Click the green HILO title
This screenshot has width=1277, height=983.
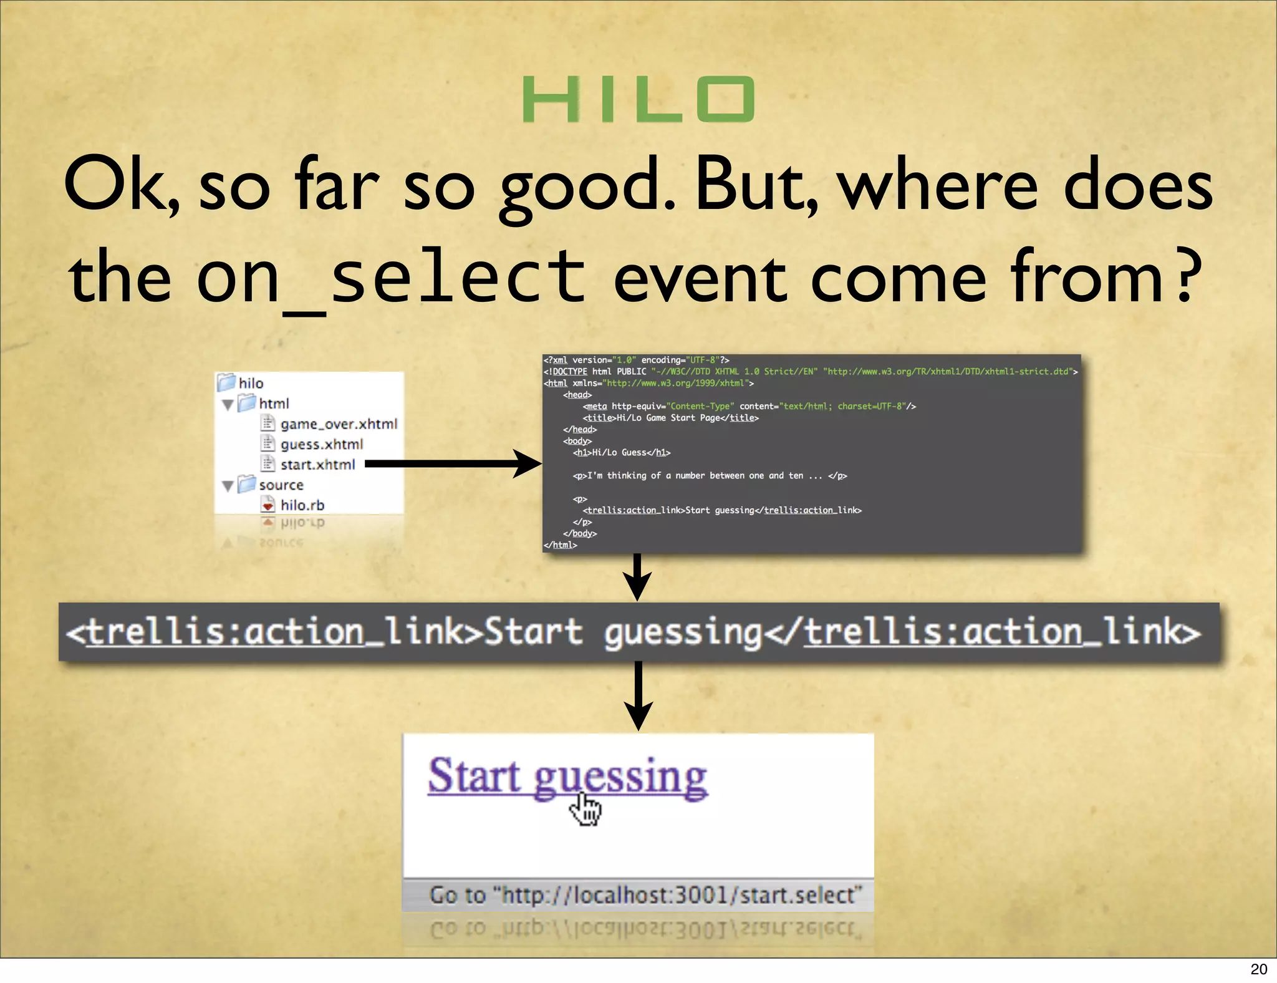(x=638, y=100)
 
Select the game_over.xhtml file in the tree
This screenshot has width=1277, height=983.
(x=338, y=424)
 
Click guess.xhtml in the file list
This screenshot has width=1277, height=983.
(x=321, y=444)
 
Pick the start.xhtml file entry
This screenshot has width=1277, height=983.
(x=317, y=465)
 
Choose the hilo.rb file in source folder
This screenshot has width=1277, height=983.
(x=302, y=505)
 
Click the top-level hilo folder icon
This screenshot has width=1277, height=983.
(x=226, y=382)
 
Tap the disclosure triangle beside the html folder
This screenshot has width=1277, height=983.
(x=228, y=405)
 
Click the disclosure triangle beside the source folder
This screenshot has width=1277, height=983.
(x=228, y=486)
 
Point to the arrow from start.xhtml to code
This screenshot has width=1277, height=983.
(x=452, y=464)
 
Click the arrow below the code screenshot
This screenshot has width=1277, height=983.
(x=637, y=577)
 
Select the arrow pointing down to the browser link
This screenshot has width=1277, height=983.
(x=638, y=695)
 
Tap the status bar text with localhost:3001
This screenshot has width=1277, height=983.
(x=645, y=896)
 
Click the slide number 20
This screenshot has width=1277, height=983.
(x=1258, y=969)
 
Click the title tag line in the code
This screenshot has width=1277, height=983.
(x=670, y=418)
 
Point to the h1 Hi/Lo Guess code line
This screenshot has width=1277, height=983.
(x=622, y=453)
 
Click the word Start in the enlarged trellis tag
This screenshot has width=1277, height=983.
(x=533, y=632)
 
